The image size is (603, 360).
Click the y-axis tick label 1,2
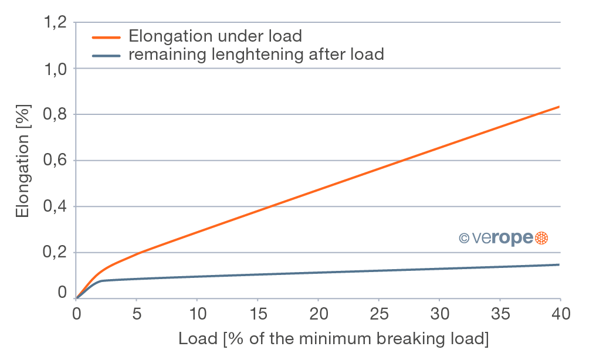tap(55, 23)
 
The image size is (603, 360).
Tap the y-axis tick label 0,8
tap(55, 115)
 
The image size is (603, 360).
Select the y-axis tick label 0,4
tap(55, 207)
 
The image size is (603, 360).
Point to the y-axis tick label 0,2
tap(55, 253)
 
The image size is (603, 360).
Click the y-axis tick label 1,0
tap(55, 69)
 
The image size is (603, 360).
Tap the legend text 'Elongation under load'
tap(215, 36)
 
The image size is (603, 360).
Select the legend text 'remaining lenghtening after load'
tap(256, 55)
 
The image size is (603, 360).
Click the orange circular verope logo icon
tap(541, 237)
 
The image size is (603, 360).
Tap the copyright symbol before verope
tap(463, 238)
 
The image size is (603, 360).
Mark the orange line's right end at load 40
tap(560, 107)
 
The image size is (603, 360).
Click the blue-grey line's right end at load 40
tap(560, 264)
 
